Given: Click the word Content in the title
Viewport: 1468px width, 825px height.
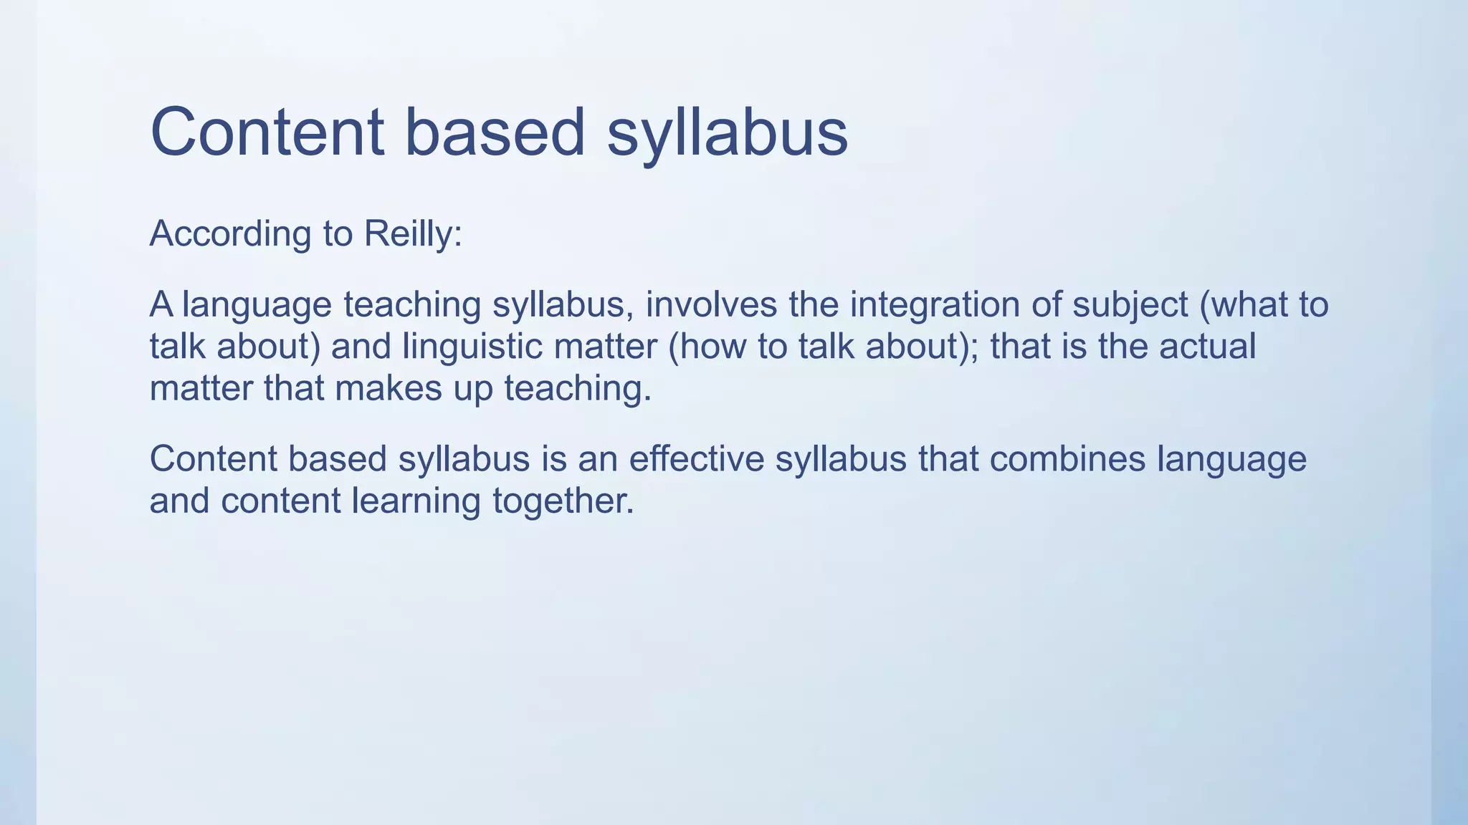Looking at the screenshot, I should pos(267,132).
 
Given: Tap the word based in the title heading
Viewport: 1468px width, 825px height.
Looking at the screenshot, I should pos(495,132).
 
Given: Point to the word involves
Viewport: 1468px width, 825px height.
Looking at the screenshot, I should pos(711,304).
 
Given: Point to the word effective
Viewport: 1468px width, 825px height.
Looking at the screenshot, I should pos(696,458).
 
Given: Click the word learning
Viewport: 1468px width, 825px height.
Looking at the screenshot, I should pos(416,501).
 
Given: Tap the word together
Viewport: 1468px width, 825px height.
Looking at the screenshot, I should pos(563,501).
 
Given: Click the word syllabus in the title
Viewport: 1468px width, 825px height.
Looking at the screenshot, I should pos(727,132).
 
